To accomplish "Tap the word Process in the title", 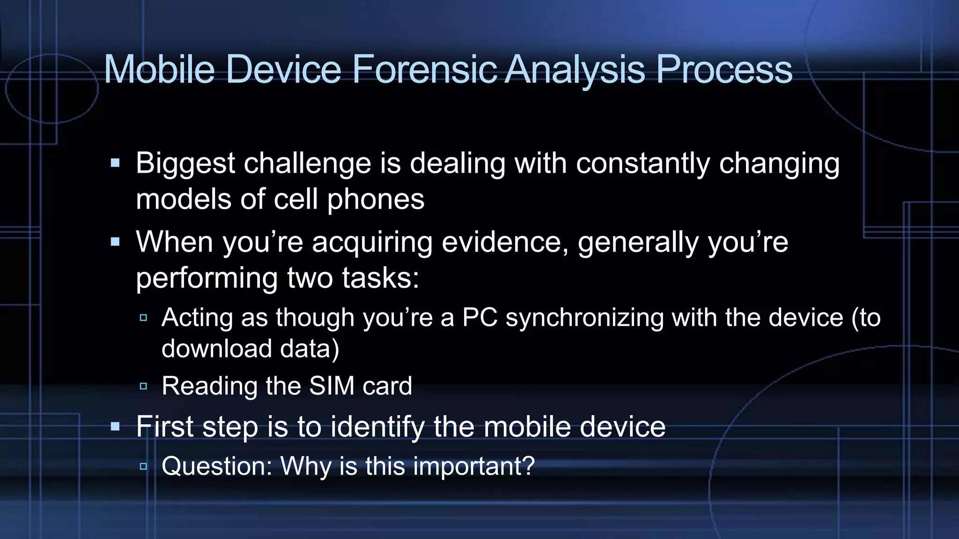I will tap(724, 69).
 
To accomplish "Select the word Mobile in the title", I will tap(159, 69).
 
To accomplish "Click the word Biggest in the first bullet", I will tap(185, 164).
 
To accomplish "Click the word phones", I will tap(376, 199).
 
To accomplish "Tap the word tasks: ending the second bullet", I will tap(380, 278).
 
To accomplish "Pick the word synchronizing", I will tap(585, 317).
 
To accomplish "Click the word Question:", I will tap(217, 466).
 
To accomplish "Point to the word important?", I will tap(474, 466).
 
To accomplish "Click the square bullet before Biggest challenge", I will tap(115, 163).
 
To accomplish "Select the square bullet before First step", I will tap(115, 426).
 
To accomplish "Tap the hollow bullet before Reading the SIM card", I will tap(143, 386).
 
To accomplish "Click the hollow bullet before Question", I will tap(143, 466).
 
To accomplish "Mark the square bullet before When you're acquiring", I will tap(115, 242).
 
